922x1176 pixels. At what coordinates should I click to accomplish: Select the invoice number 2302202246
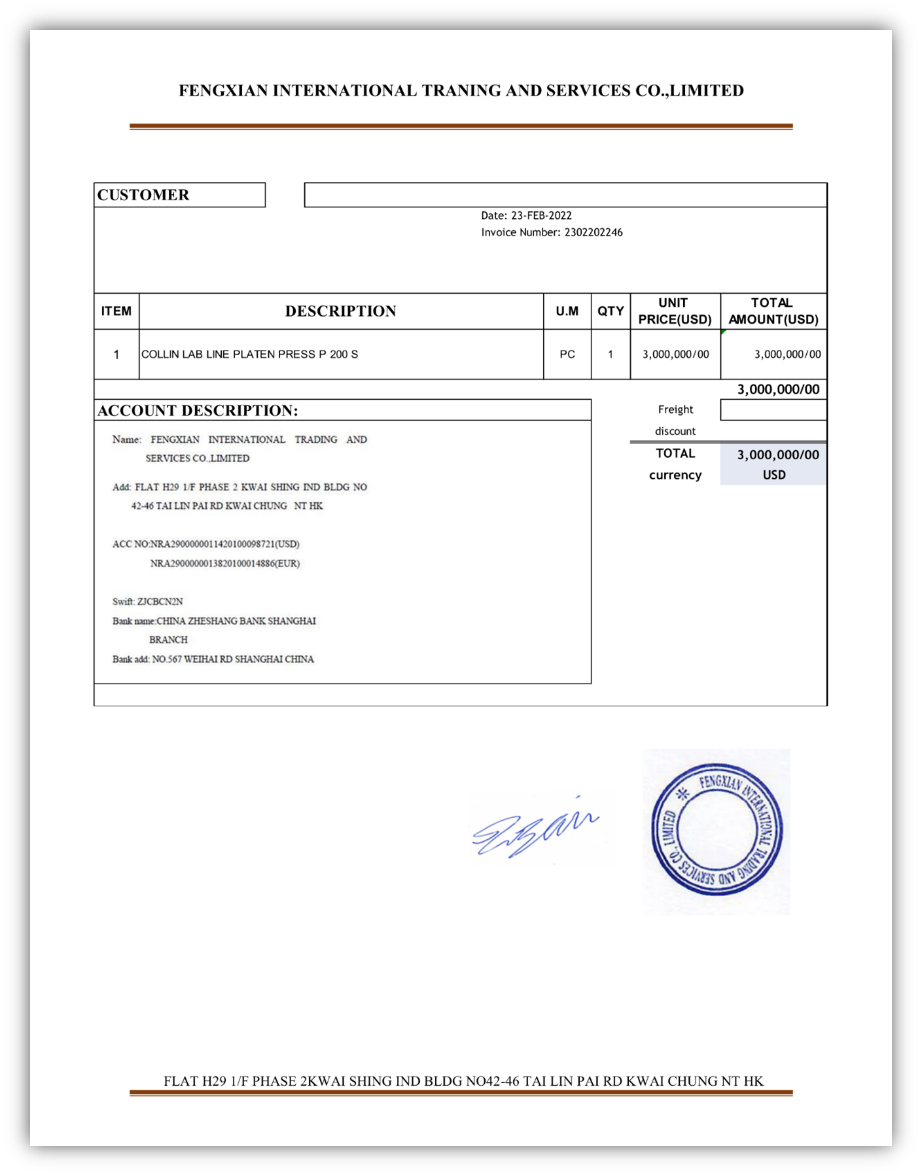coord(593,233)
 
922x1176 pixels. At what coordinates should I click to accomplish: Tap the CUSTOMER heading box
coord(179,195)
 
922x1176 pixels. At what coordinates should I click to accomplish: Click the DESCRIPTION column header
coord(340,311)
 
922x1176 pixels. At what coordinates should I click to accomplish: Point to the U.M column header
coord(567,311)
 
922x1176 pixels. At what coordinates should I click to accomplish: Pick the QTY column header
coord(610,311)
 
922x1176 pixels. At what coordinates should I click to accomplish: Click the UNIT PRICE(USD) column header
coord(675,311)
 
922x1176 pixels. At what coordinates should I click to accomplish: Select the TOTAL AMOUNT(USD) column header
coord(773,311)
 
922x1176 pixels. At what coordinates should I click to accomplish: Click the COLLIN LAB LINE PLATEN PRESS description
coord(249,355)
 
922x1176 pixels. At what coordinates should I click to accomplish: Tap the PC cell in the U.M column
coord(567,355)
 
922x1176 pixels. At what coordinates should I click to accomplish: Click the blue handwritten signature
coord(533,828)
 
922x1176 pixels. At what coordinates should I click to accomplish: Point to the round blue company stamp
coord(717,831)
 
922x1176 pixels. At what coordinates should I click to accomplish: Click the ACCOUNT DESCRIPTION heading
coord(198,411)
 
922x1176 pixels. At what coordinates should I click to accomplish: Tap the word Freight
coord(675,409)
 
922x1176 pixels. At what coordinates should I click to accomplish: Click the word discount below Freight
coord(675,432)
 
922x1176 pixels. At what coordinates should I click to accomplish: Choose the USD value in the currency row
coord(773,476)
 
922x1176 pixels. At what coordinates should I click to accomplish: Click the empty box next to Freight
coord(773,410)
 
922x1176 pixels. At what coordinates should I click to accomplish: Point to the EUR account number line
coord(224,564)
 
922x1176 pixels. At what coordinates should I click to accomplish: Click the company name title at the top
coord(461,91)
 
